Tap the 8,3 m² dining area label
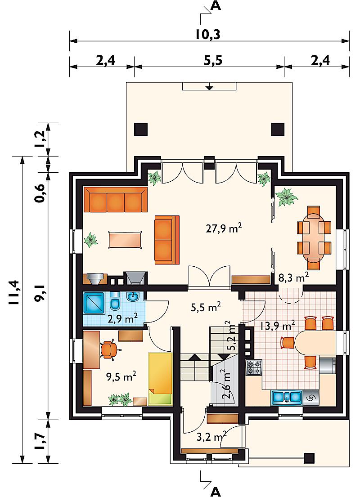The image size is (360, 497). pos(294,278)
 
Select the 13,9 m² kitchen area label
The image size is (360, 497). pos(278,326)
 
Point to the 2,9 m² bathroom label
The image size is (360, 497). pos(122,318)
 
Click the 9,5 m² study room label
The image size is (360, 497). pos(121,377)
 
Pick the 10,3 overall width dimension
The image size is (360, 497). pos(208,35)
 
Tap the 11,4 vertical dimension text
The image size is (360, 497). pos(14,292)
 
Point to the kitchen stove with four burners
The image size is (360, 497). pos(254,367)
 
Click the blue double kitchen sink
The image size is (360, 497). pos(286,397)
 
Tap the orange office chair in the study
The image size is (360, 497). pos(109,349)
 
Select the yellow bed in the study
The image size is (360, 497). pos(160,379)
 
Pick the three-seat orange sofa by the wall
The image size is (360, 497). pos(116,199)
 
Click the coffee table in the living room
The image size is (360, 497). pos(125,240)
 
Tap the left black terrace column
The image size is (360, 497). pos(141,130)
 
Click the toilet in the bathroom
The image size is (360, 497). pos(114,303)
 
